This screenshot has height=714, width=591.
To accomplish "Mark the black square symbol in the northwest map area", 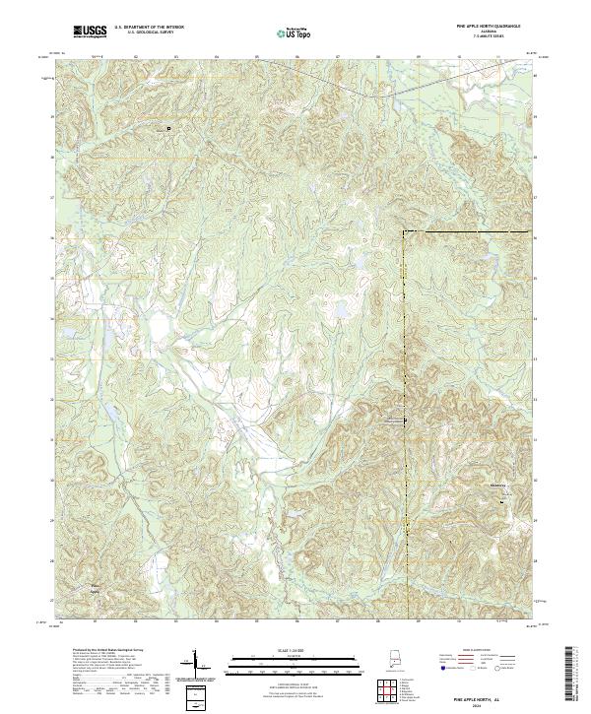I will [x=167, y=128].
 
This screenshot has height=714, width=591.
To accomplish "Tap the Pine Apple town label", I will [x=96, y=589].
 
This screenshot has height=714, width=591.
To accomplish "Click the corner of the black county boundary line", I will [x=403, y=231].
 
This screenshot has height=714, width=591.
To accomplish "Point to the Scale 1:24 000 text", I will [x=295, y=651].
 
